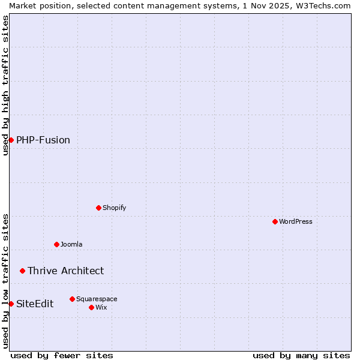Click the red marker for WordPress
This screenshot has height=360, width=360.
[x=275, y=221]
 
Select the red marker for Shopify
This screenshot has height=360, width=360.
[x=98, y=208]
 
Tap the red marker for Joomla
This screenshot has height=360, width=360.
[x=56, y=244]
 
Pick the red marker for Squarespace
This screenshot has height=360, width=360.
[x=72, y=299]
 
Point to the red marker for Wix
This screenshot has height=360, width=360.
[x=91, y=307]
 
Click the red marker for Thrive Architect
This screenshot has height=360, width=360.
[x=23, y=271]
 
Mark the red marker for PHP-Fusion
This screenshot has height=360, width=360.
[x=11, y=140]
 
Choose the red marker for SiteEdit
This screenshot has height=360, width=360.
[x=11, y=304]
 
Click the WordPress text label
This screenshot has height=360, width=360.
[x=296, y=221]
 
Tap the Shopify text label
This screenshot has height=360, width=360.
[x=115, y=208]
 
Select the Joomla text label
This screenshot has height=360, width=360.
[x=71, y=244]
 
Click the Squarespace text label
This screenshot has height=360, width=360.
[x=97, y=299]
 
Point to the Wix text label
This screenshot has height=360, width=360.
[x=101, y=307]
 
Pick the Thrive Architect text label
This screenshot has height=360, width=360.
[x=65, y=271]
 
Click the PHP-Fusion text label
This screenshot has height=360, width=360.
[x=43, y=140]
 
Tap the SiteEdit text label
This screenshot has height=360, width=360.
[x=35, y=304]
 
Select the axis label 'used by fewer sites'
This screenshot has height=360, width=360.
[x=62, y=355]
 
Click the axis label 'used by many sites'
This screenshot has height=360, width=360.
[x=301, y=355]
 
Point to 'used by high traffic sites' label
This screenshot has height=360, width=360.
[x=5, y=85]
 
